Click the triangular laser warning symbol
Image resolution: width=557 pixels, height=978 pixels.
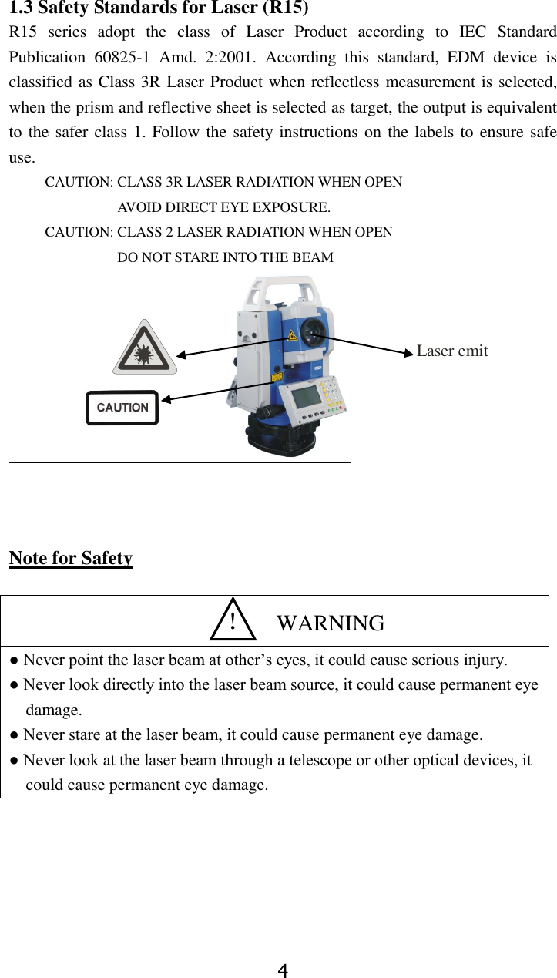pos(145,349)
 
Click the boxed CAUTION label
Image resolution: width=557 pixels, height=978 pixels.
pos(122,408)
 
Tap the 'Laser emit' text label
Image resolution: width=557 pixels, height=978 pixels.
pos(452,351)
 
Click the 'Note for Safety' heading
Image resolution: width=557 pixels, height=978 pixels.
pos(71,558)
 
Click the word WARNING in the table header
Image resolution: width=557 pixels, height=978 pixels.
pos(331,623)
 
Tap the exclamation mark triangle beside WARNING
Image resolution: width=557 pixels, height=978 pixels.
pos(233,621)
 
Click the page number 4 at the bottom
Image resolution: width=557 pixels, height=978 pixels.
pos(283,970)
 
